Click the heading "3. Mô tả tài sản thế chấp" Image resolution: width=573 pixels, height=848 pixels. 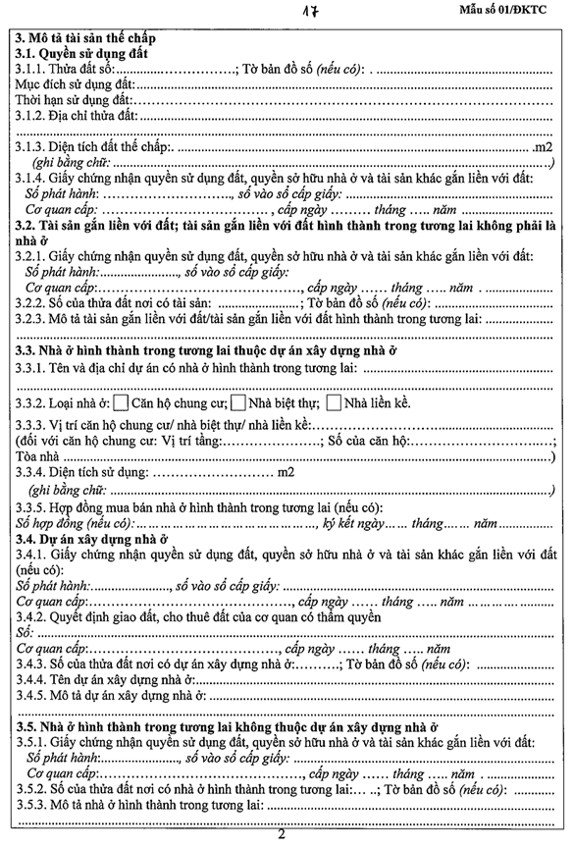(x=84, y=36)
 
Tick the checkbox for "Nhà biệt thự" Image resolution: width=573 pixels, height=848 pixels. (x=236, y=402)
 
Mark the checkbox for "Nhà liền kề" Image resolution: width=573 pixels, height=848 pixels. (x=335, y=402)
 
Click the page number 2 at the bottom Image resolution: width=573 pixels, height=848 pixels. (x=282, y=837)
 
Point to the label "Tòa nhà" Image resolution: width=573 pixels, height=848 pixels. (x=38, y=456)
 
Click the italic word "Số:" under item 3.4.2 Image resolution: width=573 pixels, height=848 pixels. (x=25, y=632)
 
